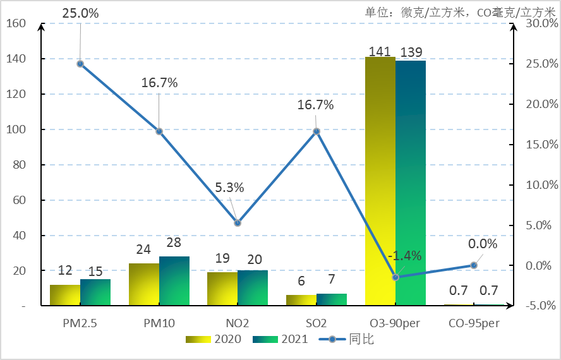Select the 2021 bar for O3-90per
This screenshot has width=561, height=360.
point(411,183)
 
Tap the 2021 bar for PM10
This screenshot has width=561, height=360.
point(174,281)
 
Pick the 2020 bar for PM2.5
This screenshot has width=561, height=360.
point(65,295)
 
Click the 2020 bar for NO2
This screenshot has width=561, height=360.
point(222,289)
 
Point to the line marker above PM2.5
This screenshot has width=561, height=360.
point(80,64)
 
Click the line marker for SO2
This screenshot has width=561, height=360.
point(317,131)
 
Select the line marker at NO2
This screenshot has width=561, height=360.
point(238,223)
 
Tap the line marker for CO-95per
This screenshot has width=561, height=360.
point(474,265)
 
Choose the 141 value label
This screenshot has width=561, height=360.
point(380,52)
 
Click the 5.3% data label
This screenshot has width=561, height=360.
point(229,188)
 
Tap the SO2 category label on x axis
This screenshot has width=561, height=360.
point(316,323)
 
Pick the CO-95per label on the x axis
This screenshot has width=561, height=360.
point(474,323)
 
